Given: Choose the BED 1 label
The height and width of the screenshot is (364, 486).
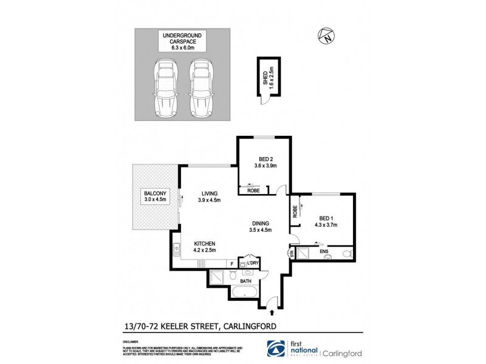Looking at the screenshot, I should [326, 221].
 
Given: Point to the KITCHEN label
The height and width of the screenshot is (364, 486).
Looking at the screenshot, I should [204, 243].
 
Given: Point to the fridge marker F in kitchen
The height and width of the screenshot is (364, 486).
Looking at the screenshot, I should [231, 263].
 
